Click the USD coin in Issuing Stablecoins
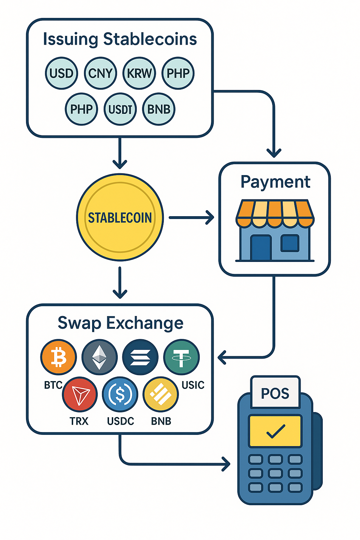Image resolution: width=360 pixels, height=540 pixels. pyautogui.click(x=62, y=73)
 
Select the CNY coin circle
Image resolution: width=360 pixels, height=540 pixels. pyautogui.click(x=101, y=73)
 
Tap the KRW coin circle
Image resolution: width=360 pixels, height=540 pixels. pyautogui.click(x=139, y=73)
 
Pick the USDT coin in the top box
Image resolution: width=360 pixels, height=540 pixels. pyautogui.click(x=120, y=109)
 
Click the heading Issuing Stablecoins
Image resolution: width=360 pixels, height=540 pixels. pyautogui.click(x=120, y=39)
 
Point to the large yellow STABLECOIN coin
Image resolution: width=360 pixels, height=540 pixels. pyautogui.click(x=120, y=218)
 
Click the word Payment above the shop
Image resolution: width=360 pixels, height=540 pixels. pyautogui.click(x=275, y=182)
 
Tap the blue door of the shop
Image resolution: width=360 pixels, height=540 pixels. pyautogui.click(x=261, y=247)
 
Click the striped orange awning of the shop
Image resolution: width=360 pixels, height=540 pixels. pyautogui.click(x=275, y=213)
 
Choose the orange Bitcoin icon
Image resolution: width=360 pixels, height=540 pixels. pyautogui.click(x=58, y=357)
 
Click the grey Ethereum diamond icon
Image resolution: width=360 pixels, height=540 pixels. pyautogui.click(x=99, y=357)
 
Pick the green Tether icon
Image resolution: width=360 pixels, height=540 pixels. pyautogui.click(x=181, y=357)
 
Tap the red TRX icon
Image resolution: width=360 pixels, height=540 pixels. pyautogui.click(x=80, y=394)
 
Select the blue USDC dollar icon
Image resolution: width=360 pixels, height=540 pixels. pyautogui.click(x=120, y=394)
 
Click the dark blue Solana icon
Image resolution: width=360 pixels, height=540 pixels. pyautogui.click(x=140, y=357)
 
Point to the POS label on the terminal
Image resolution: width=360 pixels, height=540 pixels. pyautogui.click(x=275, y=393)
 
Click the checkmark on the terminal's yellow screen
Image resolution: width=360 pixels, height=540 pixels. pyautogui.click(x=275, y=431)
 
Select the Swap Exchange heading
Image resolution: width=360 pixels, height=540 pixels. pyautogui.click(x=120, y=323)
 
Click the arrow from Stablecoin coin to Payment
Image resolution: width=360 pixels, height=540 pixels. pyautogui.click(x=192, y=218)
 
